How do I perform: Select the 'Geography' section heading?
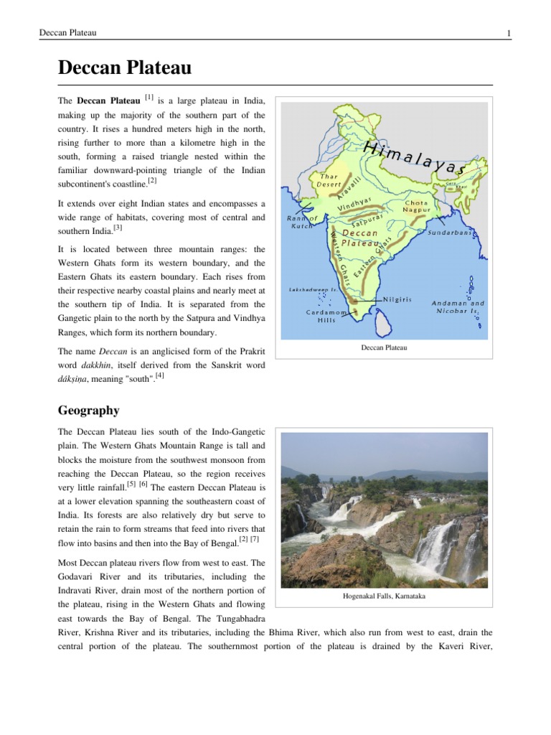pos(89,411)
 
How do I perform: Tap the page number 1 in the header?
pos(508,34)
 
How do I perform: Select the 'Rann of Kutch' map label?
pos(301,222)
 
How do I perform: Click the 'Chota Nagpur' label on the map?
pos(416,207)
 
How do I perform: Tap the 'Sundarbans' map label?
pos(453,233)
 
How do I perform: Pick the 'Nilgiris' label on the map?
pos(397,299)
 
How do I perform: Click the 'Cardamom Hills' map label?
pos(327,317)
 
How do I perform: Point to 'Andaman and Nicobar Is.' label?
pos(458,306)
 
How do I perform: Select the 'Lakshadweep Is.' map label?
pos(313,290)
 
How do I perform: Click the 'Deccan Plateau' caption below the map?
pos(384,347)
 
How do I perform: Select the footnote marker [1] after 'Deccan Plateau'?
pos(149,97)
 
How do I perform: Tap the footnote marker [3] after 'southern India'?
pos(118,228)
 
